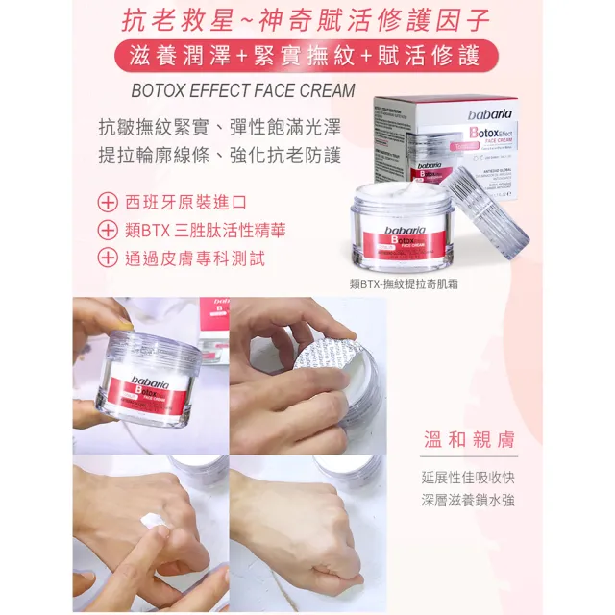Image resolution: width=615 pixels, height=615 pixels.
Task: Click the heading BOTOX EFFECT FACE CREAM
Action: point(241,91)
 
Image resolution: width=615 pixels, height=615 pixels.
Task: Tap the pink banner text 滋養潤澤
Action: point(180,56)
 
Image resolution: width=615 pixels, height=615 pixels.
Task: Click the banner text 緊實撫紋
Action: point(305,56)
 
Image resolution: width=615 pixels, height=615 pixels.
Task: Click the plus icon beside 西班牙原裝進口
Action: point(109,203)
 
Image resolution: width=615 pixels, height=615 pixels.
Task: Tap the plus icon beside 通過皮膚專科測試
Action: point(109,257)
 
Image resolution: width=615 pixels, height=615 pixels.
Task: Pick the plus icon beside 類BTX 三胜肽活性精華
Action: point(109,230)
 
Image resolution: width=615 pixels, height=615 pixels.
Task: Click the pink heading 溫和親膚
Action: point(469,440)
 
